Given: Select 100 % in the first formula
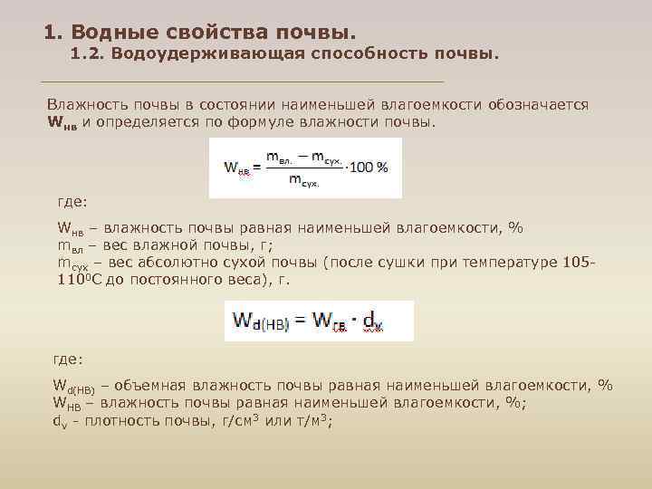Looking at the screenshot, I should (x=369, y=167).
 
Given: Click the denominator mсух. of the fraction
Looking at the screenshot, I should (x=304, y=180).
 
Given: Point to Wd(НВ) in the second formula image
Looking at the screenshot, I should (x=262, y=321).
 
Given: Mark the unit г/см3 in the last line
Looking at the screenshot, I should (x=235, y=419).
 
